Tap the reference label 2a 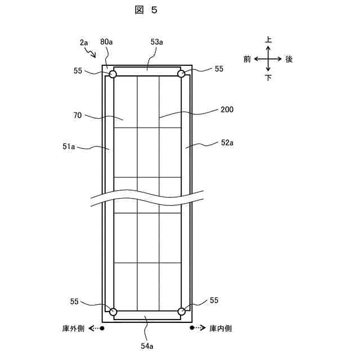pyautogui.click(x=84, y=42)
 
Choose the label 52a pyautogui.click(x=227, y=143)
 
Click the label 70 pyautogui.click(x=78, y=115)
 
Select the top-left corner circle pyautogui.click(x=113, y=74)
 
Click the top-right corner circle pyautogui.click(x=182, y=74)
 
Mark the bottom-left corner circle pyautogui.click(x=113, y=312)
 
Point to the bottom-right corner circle pyautogui.click(x=182, y=312)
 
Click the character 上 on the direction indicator pyautogui.click(x=268, y=40)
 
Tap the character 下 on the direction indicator pyautogui.click(x=268, y=78)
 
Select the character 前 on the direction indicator pyautogui.click(x=247, y=59)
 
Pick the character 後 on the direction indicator pyautogui.click(x=289, y=59)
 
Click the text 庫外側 pyautogui.click(x=73, y=327)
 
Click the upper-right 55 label pyautogui.click(x=219, y=69)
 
